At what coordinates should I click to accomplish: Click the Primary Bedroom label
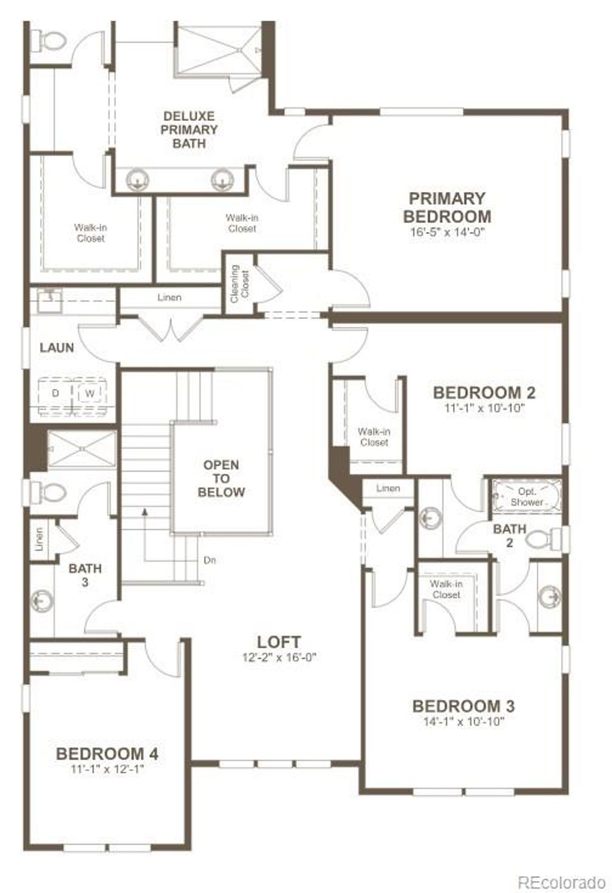pyautogui.click(x=447, y=207)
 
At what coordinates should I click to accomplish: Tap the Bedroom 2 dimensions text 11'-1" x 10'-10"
pyautogui.click(x=484, y=409)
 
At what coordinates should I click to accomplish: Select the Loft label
pyautogui.click(x=279, y=642)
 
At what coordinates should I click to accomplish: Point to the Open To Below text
pyautogui.click(x=221, y=478)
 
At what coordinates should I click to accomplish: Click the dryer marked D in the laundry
pyautogui.click(x=56, y=393)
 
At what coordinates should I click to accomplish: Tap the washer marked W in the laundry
pyautogui.click(x=90, y=393)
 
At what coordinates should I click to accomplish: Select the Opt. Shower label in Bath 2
pyautogui.click(x=527, y=497)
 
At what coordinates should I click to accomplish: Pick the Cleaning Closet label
pyautogui.click(x=239, y=283)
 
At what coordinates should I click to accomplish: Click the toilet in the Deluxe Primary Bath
pyautogui.click(x=48, y=41)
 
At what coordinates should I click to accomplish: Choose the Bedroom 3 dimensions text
pyautogui.click(x=464, y=721)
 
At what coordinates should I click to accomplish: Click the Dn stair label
pyautogui.click(x=209, y=560)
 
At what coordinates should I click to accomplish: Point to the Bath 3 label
pyautogui.click(x=85, y=574)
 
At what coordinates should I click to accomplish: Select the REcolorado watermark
pyautogui.click(x=561, y=882)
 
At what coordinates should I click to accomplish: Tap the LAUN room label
pyautogui.click(x=57, y=348)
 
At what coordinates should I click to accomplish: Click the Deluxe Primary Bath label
pyautogui.click(x=189, y=130)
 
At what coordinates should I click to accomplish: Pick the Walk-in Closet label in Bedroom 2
pyautogui.click(x=374, y=437)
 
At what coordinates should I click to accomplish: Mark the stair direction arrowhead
pyautogui.click(x=143, y=511)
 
